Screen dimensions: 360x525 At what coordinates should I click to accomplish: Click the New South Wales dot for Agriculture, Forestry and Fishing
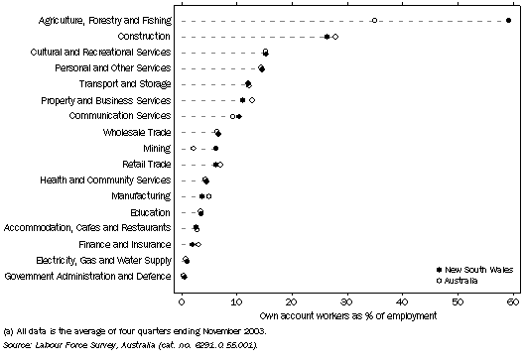[x=508, y=20]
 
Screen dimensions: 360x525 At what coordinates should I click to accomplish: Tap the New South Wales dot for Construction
[x=328, y=37]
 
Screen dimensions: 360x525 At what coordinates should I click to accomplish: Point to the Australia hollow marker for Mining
[x=194, y=148]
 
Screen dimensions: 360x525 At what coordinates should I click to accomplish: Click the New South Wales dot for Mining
[x=215, y=148]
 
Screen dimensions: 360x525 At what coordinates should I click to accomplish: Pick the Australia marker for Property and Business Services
[x=252, y=100]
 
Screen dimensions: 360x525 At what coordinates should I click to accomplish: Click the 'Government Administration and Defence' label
[x=88, y=276]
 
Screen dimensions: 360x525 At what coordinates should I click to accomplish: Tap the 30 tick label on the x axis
[x=347, y=299]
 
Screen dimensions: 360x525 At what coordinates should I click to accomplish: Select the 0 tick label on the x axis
[x=183, y=299]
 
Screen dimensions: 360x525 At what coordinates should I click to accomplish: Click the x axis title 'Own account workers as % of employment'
[x=347, y=313]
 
